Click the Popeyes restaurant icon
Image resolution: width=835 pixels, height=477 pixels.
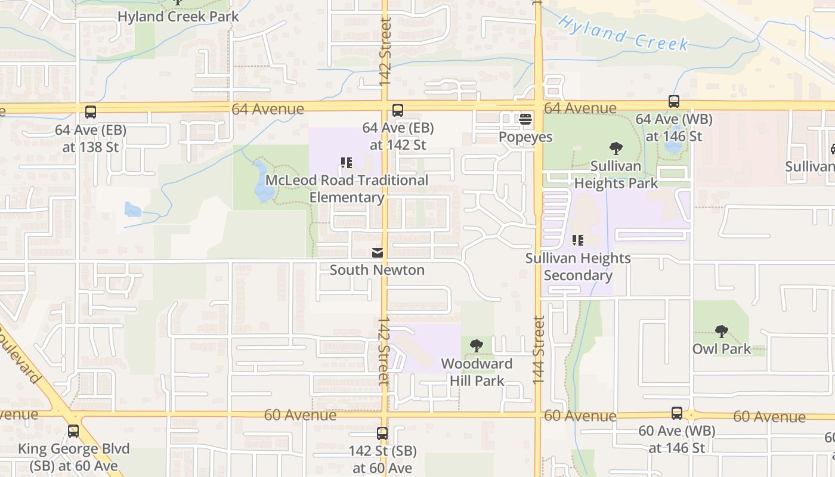(525, 119)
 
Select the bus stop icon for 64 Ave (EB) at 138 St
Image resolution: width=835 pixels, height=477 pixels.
(91, 112)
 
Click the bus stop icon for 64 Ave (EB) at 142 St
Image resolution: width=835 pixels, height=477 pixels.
(398, 110)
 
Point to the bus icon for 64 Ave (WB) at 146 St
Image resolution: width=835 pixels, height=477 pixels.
(674, 101)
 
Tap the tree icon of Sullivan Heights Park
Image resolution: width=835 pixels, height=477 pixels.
(616, 148)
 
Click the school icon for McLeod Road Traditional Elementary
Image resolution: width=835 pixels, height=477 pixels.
(347, 163)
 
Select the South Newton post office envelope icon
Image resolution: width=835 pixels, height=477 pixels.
(378, 253)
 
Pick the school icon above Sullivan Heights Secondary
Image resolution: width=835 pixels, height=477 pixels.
(577, 240)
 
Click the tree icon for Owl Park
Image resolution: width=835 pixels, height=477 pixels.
(722, 331)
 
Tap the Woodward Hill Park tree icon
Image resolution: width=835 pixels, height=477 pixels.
(477, 345)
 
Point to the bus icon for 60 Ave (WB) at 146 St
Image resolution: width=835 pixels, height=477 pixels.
(677, 413)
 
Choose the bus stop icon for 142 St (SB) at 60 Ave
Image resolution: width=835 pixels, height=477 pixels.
(382, 433)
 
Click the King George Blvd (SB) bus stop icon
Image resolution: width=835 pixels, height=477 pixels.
(73, 431)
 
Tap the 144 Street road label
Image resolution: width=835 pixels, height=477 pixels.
(539, 349)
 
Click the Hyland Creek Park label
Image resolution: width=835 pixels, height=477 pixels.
(178, 16)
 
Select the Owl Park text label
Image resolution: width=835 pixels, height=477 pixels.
(722, 349)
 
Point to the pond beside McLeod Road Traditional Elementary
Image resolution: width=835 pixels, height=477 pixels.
(263, 182)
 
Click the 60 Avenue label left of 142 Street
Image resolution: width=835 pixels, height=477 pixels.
(300, 415)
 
